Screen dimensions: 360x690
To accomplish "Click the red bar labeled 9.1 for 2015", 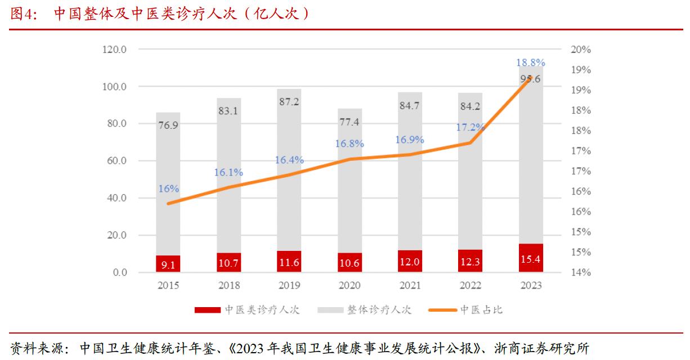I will [x=168, y=264].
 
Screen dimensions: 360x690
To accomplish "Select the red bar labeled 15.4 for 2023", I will [x=531, y=258].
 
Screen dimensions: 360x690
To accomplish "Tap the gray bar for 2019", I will [x=289, y=169].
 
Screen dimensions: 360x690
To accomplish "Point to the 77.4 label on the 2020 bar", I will [x=350, y=121].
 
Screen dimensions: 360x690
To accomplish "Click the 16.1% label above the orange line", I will [x=228, y=173].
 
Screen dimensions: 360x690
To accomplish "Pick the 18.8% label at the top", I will [x=531, y=62].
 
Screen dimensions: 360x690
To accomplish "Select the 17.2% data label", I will [x=470, y=128].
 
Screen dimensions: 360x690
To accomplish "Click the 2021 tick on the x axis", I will [x=410, y=286].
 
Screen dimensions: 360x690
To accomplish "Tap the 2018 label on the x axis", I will [x=228, y=286].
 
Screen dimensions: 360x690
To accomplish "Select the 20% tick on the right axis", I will [x=580, y=49].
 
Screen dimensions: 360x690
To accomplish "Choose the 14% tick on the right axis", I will [x=580, y=273].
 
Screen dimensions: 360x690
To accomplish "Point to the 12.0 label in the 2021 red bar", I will [x=410, y=263].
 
